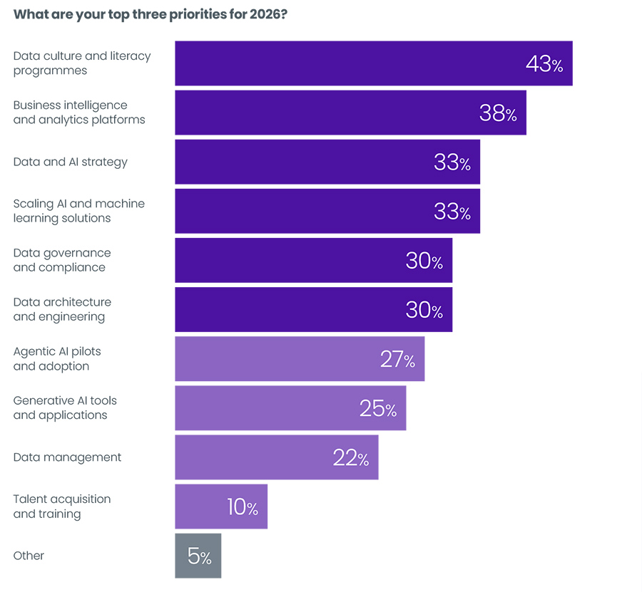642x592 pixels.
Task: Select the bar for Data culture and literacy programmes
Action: click(x=342, y=63)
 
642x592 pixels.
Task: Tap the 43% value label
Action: click(x=544, y=64)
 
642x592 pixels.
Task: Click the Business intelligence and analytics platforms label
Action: click(x=79, y=113)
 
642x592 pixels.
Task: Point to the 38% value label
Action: click(x=498, y=113)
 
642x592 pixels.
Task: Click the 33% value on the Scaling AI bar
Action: click(x=452, y=212)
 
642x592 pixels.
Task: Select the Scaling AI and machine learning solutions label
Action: click(x=79, y=211)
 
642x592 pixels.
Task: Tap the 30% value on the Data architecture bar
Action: click(x=424, y=310)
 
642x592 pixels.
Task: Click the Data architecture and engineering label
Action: click(x=63, y=309)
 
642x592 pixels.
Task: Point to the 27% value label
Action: click(x=397, y=359)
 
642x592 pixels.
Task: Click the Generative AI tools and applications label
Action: click(x=65, y=407)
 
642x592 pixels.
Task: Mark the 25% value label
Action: click(x=378, y=408)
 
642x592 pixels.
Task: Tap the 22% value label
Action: click(x=351, y=458)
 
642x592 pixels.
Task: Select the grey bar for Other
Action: click(x=198, y=556)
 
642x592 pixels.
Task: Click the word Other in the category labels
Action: click(x=29, y=556)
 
